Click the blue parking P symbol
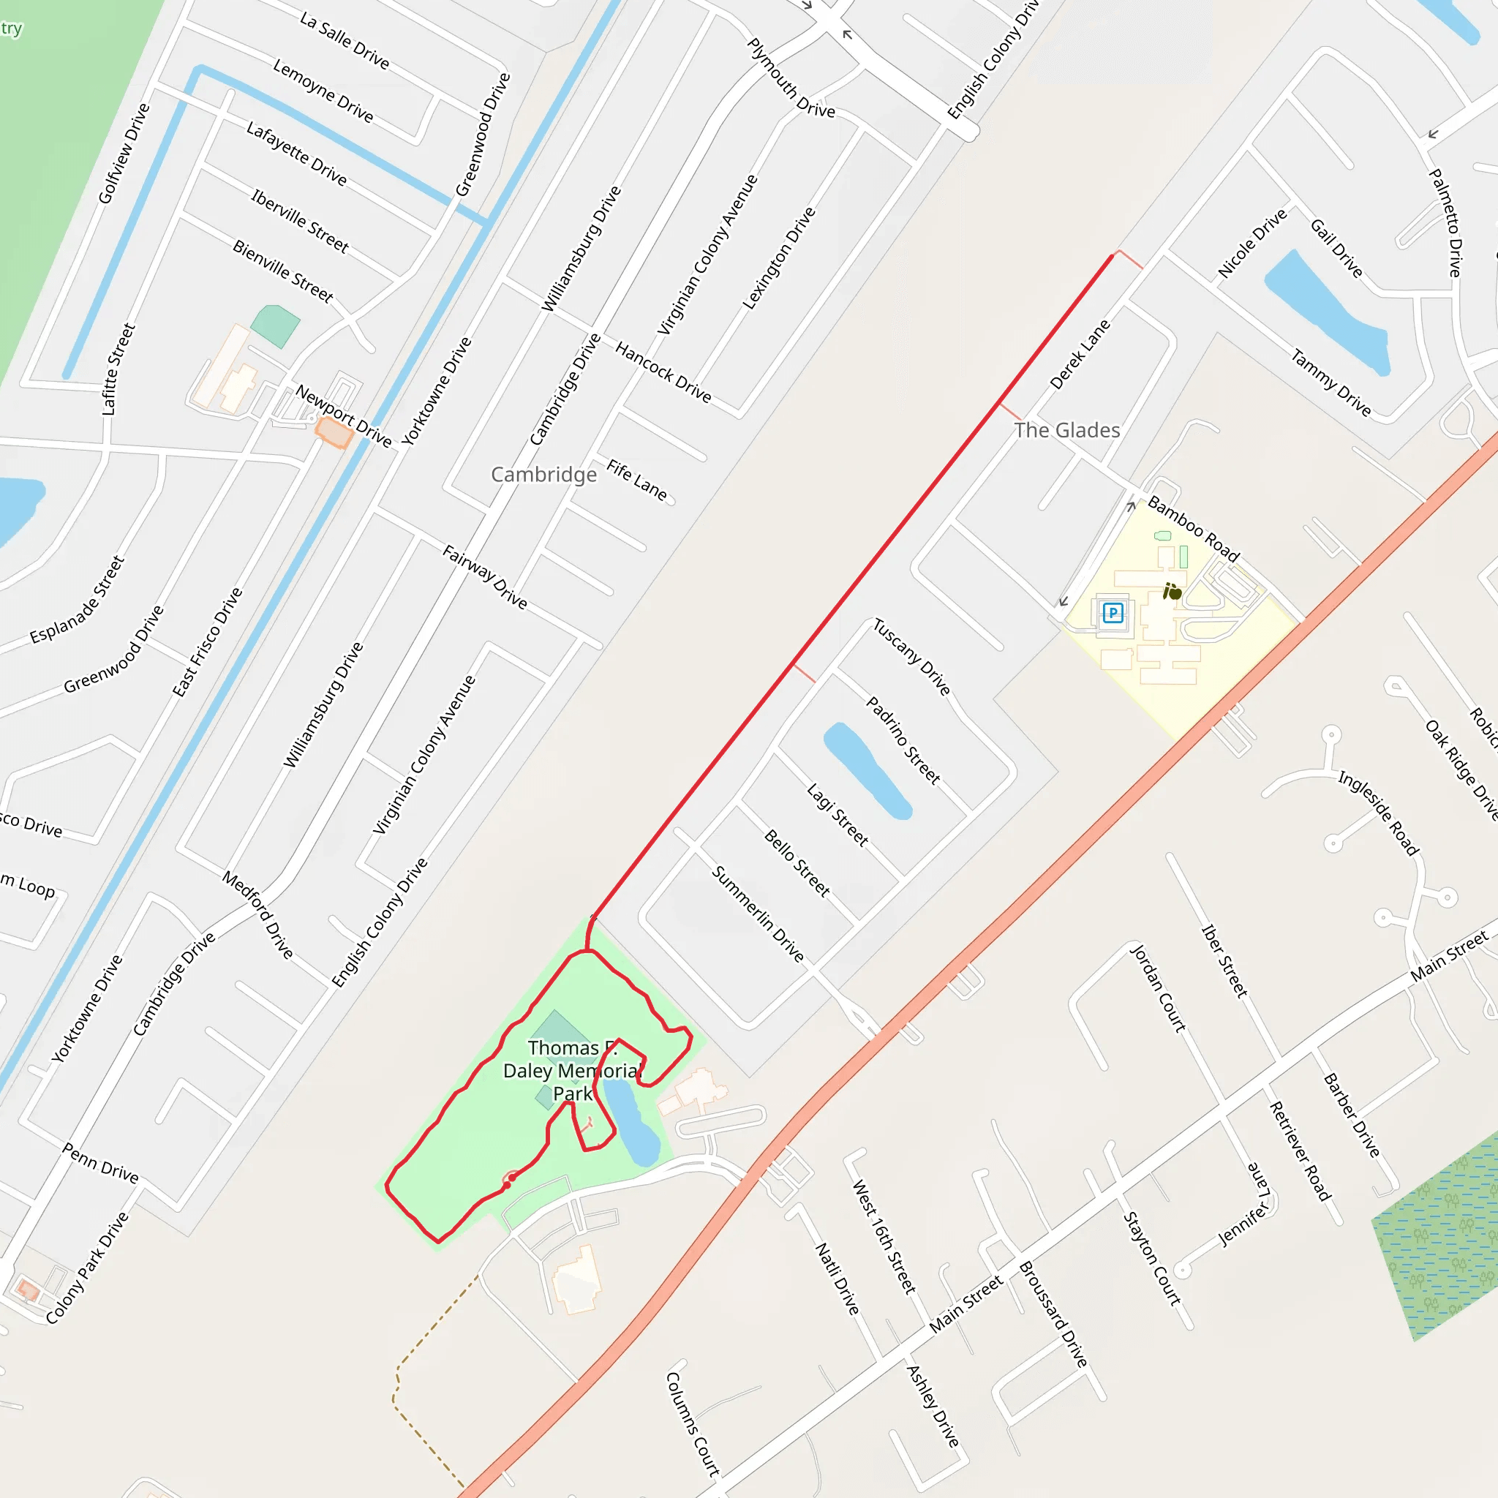[1113, 613]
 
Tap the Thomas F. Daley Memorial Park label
[571, 1071]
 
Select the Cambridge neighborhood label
[543, 475]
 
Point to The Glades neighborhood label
[1067, 430]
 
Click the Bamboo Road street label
[1193, 529]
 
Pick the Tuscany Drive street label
[912, 657]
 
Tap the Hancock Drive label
[663, 372]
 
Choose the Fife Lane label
[636, 480]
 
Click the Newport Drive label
[344, 415]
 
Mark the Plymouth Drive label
[791, 78]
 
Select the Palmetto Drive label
[1446, 222]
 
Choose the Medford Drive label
[258, 915]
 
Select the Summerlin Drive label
[759, 914]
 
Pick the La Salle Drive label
[345, 40]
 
